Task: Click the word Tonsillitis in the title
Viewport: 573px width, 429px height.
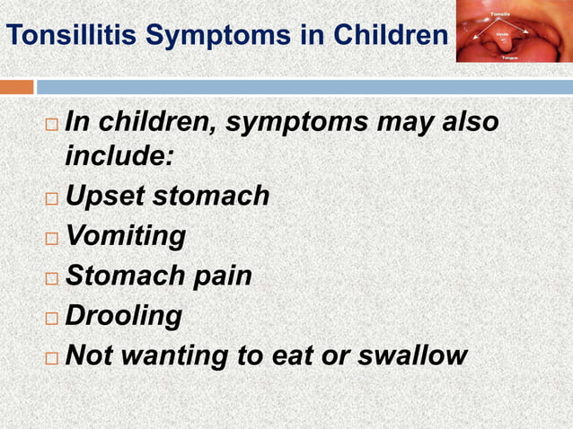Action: click(72, 36)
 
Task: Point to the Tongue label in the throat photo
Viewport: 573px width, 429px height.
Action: click(509, 56)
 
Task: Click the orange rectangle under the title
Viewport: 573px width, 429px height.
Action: click(16, 87)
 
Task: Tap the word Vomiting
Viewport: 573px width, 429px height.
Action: click(126, 236)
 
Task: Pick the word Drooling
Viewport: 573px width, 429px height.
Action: click(123, 316)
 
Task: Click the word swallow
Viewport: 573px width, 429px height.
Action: click(412, 355)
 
